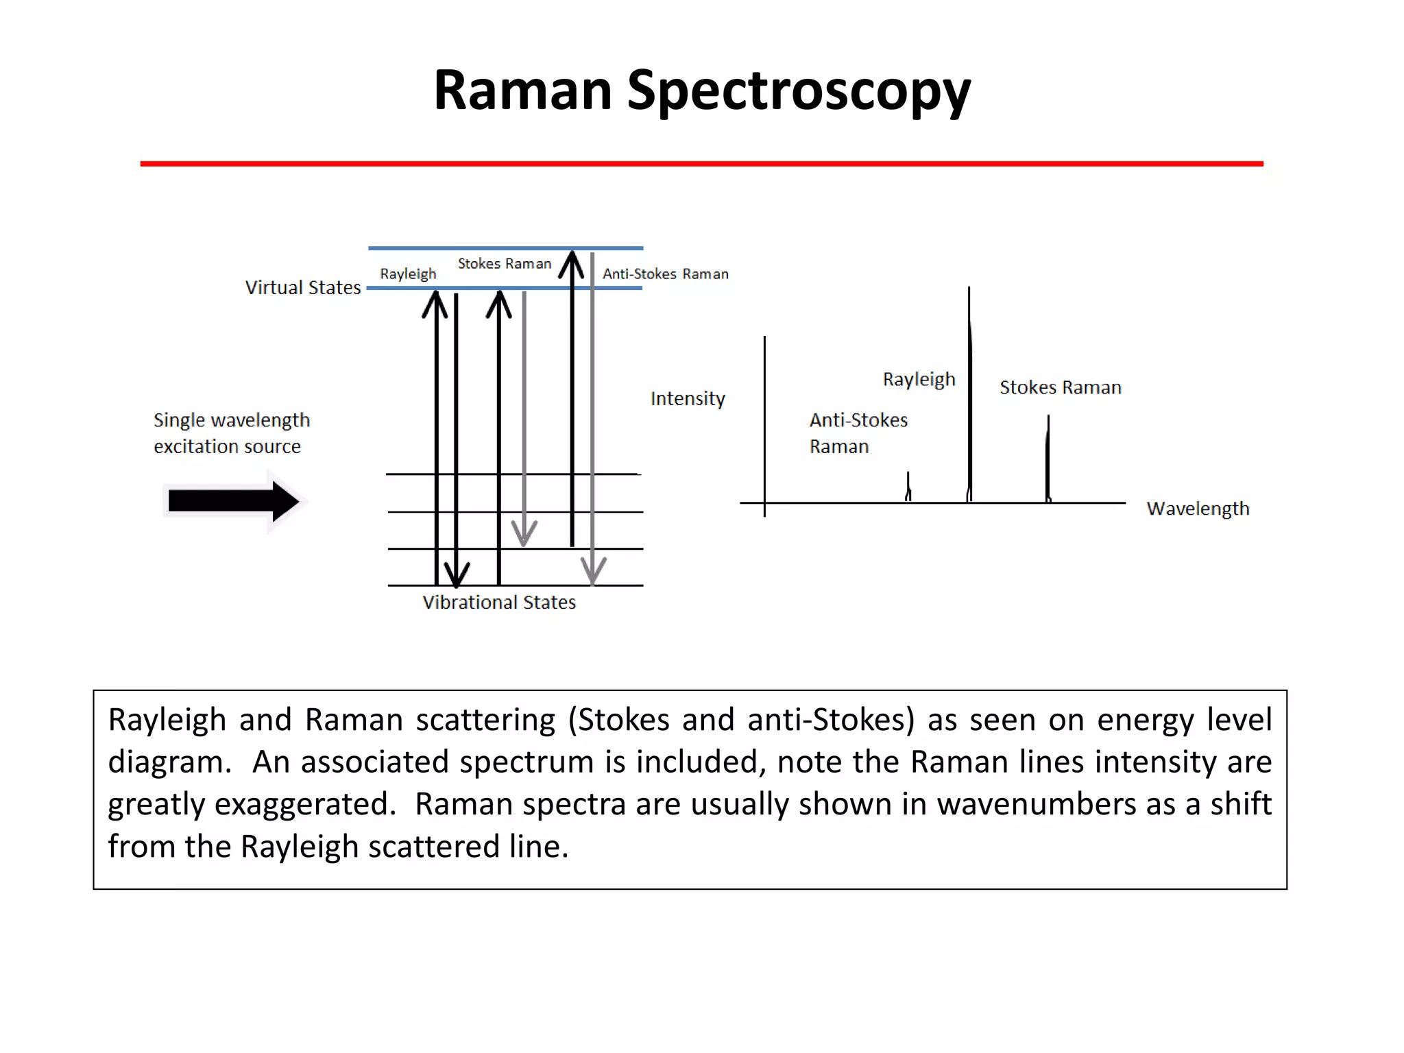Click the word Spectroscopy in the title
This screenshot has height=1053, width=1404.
[x=799, y=91]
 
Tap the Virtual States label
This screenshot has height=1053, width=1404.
[x=303, y=287]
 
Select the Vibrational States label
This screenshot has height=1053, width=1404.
[x=499, y=603]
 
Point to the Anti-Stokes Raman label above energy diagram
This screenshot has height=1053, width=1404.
[x=665, y=274]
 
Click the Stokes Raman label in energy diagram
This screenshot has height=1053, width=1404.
[x=504, y=264]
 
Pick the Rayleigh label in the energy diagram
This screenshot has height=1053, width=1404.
[x=408, y=274]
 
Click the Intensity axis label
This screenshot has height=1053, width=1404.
[x=688, y=398]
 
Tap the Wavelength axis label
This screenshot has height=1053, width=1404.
[x=1198, y=509]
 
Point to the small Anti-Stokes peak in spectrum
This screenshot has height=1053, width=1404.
[x=908, y=487]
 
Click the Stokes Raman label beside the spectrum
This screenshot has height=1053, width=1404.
[x=1060, y=387]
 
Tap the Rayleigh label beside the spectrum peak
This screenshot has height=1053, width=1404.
[x=919, y=379]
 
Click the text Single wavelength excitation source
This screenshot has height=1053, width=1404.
[x=231, y=433]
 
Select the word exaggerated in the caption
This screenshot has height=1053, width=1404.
[x=305, y=804]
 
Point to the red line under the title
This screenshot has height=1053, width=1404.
[x=701, y=164]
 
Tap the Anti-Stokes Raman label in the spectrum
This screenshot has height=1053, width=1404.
[x=858, y=433]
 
